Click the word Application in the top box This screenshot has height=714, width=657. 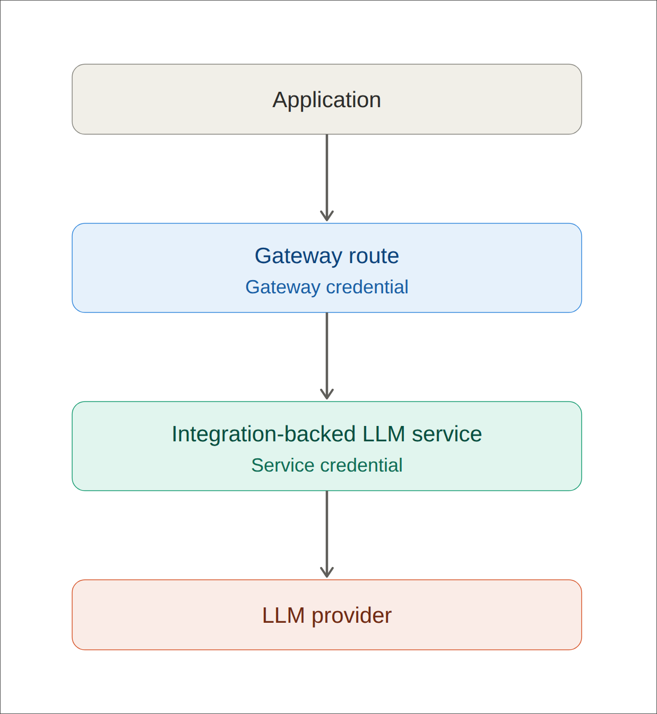click(x=326, y=100)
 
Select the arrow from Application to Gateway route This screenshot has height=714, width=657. click(x=326, y=178)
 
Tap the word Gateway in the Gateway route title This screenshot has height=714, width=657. click(x=298, y=256)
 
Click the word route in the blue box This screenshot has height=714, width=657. click(x=374, y=256)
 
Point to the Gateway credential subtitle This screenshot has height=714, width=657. click(x=326, y=287)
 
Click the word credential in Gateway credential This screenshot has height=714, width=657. click(x=367, y=286)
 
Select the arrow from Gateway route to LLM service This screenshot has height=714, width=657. click(x=326, y=356)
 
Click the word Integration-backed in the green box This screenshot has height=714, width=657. click(x=264, y=434)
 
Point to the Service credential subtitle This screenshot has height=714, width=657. click(x=326, y=465)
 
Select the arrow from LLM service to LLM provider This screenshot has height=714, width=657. click(x=326, y=534)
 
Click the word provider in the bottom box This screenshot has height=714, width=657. click(x=351, y=615)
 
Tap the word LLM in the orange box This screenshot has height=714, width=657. click(x=283, y=615)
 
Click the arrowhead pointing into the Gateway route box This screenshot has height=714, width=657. click(x=326, y=216)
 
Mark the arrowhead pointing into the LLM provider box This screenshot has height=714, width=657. click(x=326, y=572)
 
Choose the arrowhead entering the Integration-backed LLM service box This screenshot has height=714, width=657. click(x=326, y=394)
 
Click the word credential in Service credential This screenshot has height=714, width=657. click(x=361, y=465)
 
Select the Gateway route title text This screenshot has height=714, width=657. click(x=326, y=256)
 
